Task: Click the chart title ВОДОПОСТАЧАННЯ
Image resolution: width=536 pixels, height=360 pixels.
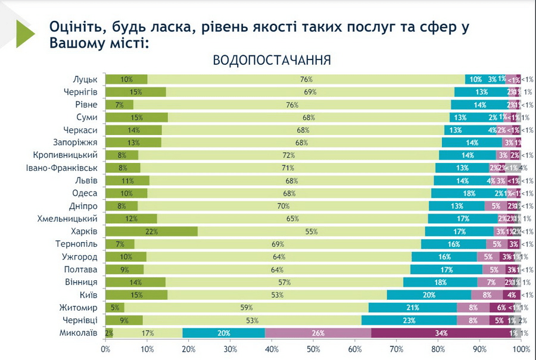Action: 272,61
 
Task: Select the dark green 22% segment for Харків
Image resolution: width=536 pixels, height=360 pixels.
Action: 151,231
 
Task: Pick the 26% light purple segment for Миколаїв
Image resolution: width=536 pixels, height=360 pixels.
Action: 318,333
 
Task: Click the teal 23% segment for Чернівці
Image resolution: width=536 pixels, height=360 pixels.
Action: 409,320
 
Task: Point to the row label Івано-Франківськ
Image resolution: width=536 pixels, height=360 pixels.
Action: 66,168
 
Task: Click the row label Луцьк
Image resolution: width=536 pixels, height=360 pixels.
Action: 85,79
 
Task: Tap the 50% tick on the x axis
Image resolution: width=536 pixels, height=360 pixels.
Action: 313,349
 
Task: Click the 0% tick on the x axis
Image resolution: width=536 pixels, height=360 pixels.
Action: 106,349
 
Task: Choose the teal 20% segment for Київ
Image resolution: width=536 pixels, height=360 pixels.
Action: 429,295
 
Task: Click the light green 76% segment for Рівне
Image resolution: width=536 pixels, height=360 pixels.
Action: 292,105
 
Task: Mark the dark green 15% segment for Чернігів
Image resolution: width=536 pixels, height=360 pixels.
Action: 136,92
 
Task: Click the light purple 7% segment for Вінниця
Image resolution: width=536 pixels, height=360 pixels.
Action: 491,283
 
